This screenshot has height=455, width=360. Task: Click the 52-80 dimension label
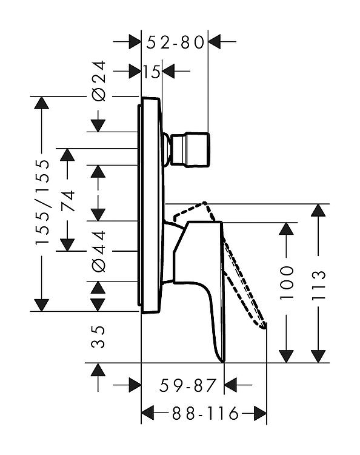[x=175, y=42]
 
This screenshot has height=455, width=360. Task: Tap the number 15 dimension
[x=152, y=72]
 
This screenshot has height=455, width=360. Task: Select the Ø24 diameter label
[x=99, y=81]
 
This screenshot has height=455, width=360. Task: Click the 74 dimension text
[x=68, y=201]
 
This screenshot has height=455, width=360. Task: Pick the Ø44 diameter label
[x=99, y=252]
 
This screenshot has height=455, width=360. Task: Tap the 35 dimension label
[x=98, y=337]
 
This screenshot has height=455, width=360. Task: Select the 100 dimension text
[x=287, y=283]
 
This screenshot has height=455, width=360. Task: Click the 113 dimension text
[x=318, y=285]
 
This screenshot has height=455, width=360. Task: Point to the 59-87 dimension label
[x=188, y=385]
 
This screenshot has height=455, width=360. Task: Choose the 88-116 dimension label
[x=205, y=413]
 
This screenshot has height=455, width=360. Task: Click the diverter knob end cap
[x=197, y=150]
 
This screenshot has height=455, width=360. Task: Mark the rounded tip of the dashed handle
[x=263, y=326]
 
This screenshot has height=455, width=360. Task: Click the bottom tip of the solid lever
[x=224, y=361]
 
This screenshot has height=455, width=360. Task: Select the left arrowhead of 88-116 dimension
[x=147, y=413]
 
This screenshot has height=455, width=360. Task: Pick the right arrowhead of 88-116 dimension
[x=260, y=413]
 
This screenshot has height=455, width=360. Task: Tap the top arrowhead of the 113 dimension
[x=318, y=211]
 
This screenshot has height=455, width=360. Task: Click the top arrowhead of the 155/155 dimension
[x=41, y=103]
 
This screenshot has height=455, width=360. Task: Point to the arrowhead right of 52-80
[x=215, y=42]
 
